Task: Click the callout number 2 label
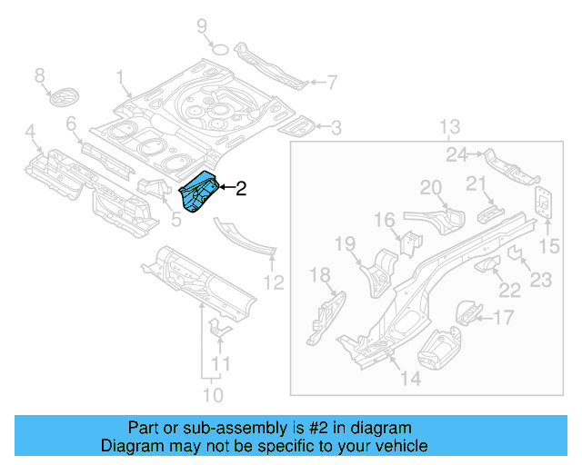point(241,189)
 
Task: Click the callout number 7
point(332,83)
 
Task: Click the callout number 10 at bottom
point(212,395)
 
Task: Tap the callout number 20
point(430,188)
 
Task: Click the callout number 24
point(457,153)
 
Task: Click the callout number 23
point(540,281)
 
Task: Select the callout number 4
point(32,138)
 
